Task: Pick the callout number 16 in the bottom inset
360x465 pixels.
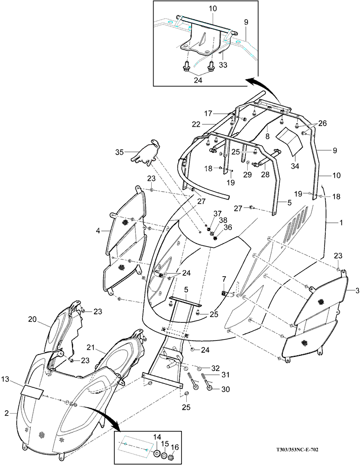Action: (175, 447)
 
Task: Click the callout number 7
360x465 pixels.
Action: (224, 279)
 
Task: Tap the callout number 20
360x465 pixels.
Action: (32, 318)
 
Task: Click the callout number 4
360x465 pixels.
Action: (98, 231)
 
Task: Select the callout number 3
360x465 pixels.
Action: (357, 291)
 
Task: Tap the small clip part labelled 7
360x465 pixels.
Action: (225, 292)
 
